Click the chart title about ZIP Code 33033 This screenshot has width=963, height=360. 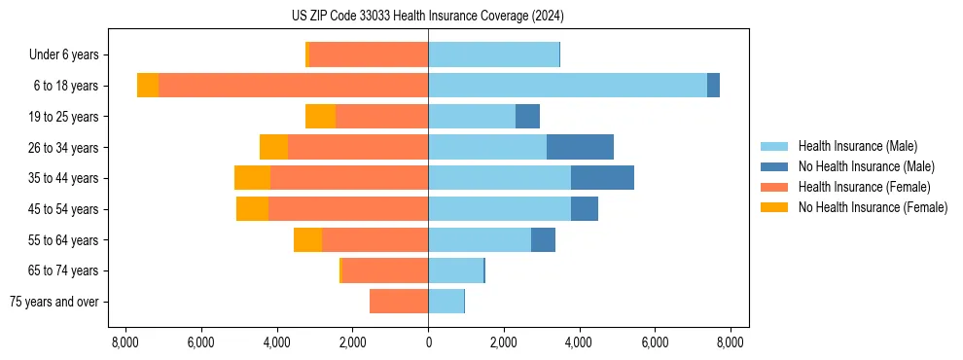point(427,17)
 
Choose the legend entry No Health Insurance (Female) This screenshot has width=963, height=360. point(873,207)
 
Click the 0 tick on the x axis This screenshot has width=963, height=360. point(428,342)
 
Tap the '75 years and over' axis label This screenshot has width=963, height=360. point(53,302)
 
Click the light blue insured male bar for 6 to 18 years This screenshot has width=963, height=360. point(567,86)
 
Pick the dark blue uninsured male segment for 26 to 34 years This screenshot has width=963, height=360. point(580,147)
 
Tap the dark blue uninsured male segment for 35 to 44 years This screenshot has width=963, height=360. point(602,178)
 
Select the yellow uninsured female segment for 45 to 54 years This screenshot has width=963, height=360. point(252,209)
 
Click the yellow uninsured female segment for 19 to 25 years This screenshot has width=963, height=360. point(320,117)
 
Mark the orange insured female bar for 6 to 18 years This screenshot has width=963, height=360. point(293,86)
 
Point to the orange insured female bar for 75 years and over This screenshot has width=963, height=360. point(399,302)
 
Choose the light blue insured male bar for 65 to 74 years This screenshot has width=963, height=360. point(455,270)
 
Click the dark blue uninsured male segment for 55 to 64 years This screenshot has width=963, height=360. point(543,239)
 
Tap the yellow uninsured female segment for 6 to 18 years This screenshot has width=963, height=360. point(148,86)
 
